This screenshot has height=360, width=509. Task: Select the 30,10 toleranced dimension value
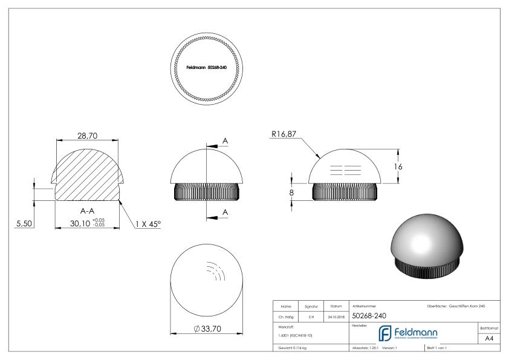[x=80, y=223]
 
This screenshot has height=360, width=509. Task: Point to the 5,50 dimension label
[x=25, y=224]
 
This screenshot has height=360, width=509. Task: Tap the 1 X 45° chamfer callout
[x=148, y=224]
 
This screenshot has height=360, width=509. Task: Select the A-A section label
[x=87, y=211]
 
